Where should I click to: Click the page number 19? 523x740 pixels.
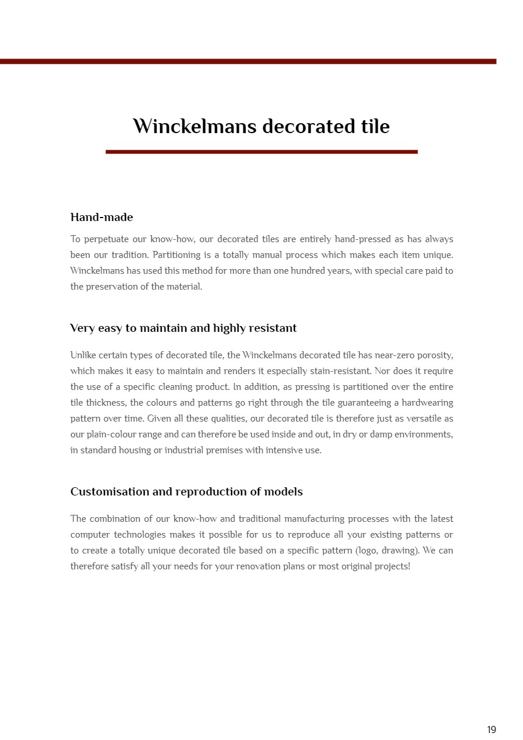tap(491, 729)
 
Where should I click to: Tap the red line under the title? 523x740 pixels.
tap(261, 152)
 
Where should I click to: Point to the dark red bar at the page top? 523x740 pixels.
tap(248, 61)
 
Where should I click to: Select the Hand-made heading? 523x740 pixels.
tap(101, 217)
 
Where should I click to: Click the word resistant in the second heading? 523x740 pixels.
tap(273, 328)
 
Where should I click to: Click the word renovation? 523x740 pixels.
tap(253, 566)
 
